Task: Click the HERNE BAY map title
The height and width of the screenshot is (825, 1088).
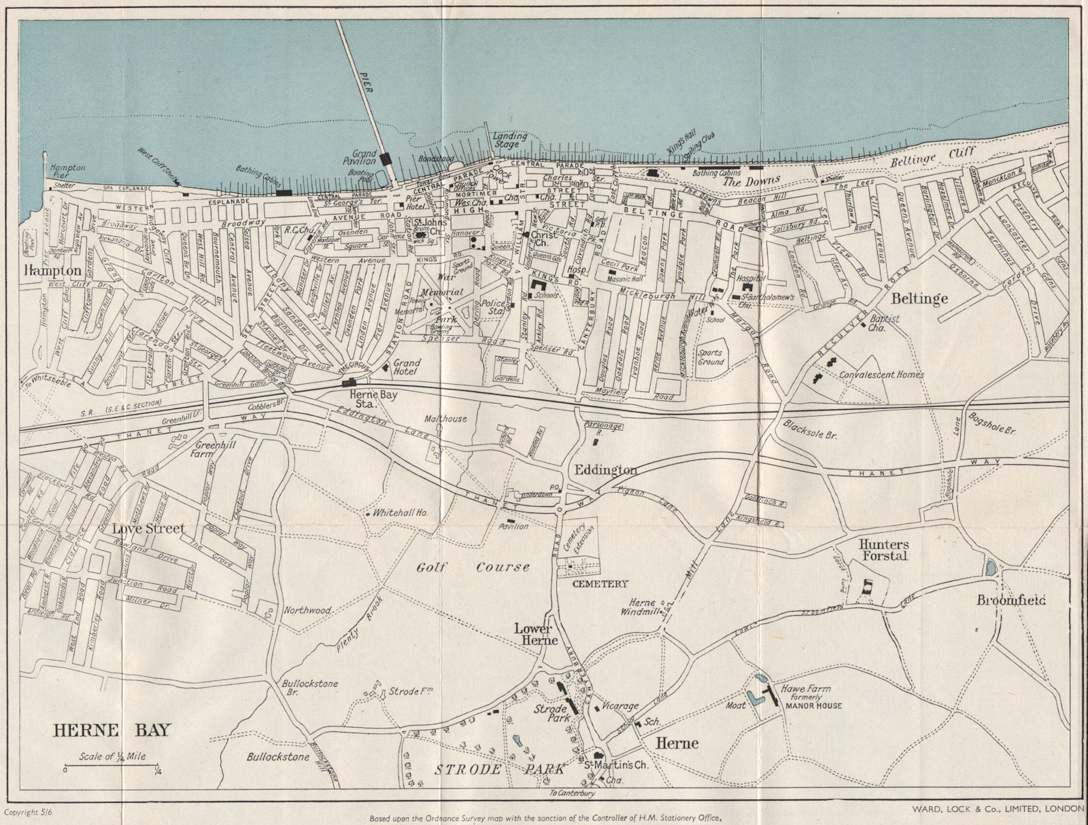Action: click(x=112, y=731)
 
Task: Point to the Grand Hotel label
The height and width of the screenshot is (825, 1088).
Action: click(x=407, y=368)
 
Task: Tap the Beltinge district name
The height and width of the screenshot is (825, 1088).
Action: click(x=920, y=298)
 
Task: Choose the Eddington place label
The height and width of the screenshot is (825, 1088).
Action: click(x=606, y=470)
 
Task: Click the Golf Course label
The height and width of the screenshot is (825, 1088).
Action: click(x=474, y=567)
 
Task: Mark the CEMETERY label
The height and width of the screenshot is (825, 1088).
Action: click(x=599, y=583)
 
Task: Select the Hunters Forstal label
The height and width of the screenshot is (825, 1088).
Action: click(x=883, y=550)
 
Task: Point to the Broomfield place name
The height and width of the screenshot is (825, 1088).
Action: click(x=1011, y=600)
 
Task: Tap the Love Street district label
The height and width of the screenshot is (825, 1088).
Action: click(x=148, y=528)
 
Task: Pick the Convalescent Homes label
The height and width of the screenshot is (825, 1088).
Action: click(x=881, y=374)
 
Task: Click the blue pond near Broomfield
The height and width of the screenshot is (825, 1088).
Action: click(x=991, y=567)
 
